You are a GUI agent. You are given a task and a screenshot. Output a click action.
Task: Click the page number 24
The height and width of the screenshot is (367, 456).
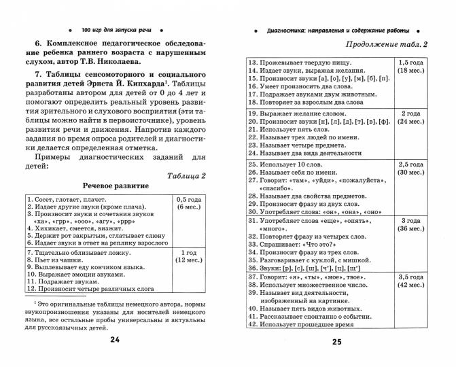click(x=114, y=339)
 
